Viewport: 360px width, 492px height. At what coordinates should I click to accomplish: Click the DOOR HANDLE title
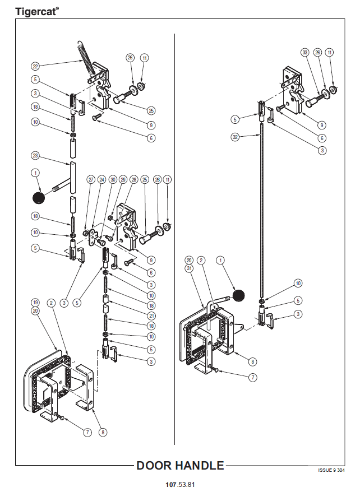(180, 465)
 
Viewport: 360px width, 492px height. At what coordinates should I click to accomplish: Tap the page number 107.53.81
(180, 484)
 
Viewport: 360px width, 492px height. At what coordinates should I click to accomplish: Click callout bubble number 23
(35, 155)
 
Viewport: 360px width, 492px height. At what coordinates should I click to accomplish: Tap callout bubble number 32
(236, 136)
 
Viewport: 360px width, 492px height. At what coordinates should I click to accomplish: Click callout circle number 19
(35, 303)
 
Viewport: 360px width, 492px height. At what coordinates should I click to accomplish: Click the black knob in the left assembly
(39, 197)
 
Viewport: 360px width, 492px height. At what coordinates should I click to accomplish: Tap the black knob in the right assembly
(240, 294)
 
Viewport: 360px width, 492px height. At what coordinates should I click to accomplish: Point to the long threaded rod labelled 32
(262, 213)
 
